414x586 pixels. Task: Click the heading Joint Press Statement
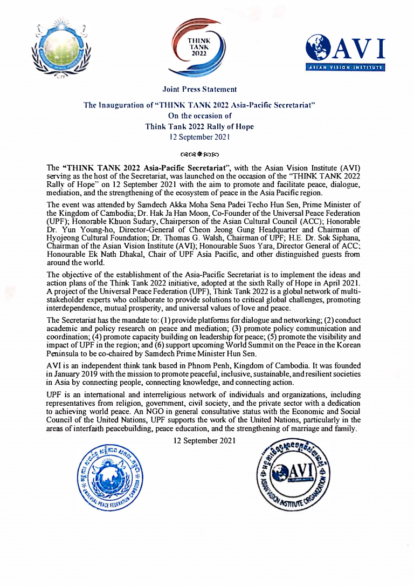(199, 88)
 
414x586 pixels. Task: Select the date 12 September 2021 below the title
(199, 137)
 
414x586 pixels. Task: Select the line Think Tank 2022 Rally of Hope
(199, 126)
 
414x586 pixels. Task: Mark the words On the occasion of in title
(199, 115)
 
